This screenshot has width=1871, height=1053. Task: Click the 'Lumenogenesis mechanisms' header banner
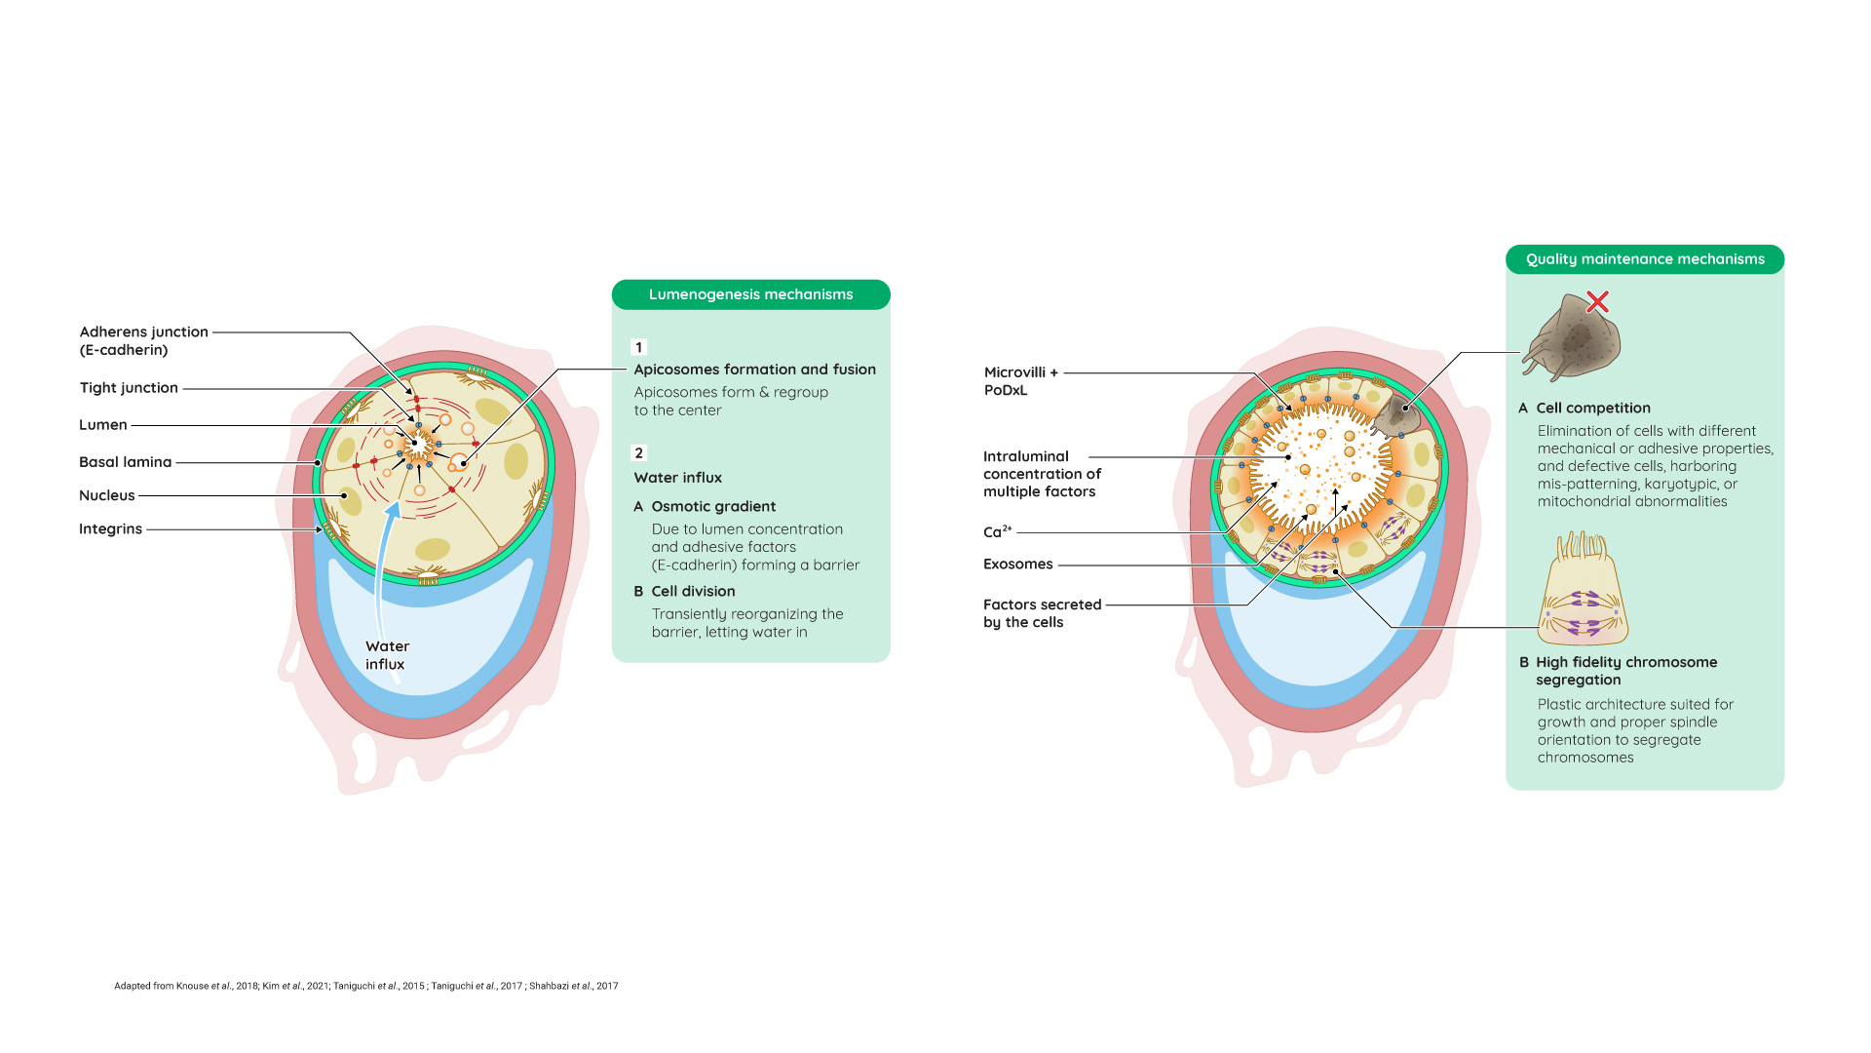coord(750,294)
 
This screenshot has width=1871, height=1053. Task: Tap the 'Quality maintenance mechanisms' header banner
coord(1645,259)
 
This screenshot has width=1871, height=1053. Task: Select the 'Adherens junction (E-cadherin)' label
coord(144,341)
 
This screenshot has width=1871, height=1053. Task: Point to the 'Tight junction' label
coord(129,388)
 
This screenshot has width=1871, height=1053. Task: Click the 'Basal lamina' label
coord(125,462)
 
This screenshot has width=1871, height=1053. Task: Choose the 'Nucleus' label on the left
coord(107,495)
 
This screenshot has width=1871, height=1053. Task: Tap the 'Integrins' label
coord(110,529)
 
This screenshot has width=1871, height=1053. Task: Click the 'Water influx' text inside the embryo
coord(387,655)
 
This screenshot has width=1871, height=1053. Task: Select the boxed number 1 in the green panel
coord(639,347)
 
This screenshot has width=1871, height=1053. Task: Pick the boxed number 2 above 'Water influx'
coord(639,453)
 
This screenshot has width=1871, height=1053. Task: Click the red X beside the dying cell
coord(1597,301)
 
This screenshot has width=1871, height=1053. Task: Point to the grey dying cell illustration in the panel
coord(1571,337)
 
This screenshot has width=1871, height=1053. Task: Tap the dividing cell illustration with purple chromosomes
coord(1583,589)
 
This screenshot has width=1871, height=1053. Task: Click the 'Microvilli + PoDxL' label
coord(1020,381)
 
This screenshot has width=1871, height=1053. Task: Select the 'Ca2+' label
coord(998,531)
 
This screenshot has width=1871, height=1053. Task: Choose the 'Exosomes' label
coord(1018,565)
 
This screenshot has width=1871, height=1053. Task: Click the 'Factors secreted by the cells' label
coord(1042,613)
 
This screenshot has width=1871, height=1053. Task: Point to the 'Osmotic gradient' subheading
coord(713,507)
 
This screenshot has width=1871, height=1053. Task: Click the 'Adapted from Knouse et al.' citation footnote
coord(366,986)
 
